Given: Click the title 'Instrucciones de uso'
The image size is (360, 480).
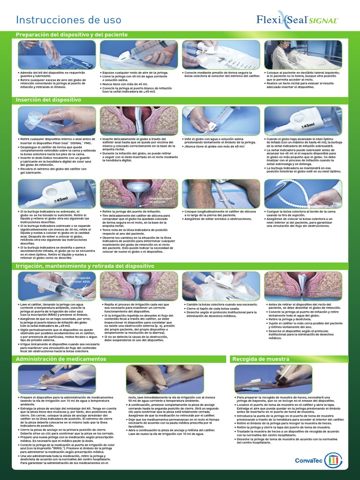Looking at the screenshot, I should (68, 20).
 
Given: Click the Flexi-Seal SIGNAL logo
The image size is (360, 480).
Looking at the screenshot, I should (297, 19).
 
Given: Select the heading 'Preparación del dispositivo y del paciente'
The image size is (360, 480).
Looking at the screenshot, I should (72, 35).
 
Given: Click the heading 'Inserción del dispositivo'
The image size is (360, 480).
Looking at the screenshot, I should (49, 100).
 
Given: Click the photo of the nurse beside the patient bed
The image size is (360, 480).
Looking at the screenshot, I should (303, 54).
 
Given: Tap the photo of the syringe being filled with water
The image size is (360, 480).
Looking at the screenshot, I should (138, 54).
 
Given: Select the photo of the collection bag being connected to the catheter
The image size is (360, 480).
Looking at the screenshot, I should (220, 54).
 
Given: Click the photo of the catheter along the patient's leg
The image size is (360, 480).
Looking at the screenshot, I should (220, 193).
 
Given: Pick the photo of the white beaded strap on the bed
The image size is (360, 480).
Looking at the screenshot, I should (303, 193).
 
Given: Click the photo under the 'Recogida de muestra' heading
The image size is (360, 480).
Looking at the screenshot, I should (273, 379).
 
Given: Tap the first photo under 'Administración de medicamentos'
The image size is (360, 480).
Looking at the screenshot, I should (57, 379).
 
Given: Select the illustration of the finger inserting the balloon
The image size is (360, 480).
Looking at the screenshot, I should (138, 121).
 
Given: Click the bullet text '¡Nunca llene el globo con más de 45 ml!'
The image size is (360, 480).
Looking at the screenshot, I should (214, 146).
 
